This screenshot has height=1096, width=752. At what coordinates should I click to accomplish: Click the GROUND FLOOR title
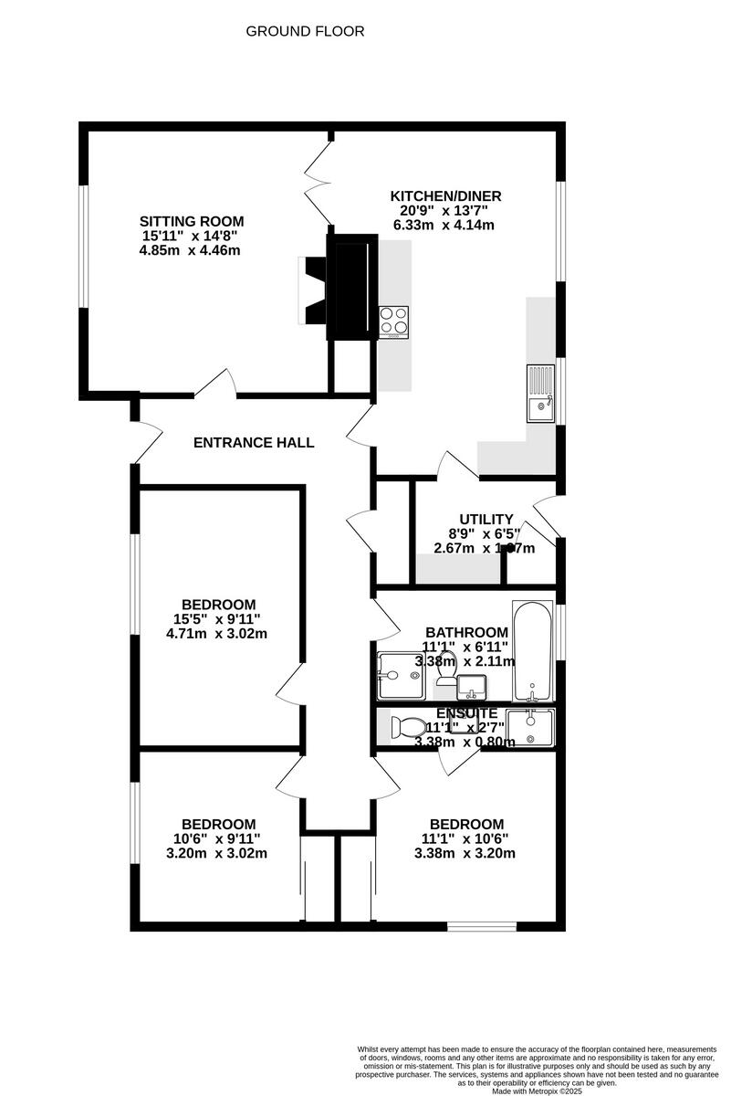[x=305, y=31]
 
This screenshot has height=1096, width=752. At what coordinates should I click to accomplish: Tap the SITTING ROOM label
[x=192, y=221]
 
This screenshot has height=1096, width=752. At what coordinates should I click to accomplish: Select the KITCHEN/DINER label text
[x=445, y=195]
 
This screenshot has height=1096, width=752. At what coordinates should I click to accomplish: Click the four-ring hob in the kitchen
[x=394, y=321]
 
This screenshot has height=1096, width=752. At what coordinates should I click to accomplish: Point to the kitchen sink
[x=540, y=393]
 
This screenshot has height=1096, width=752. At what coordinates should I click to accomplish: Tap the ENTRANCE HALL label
[x=254, y=443]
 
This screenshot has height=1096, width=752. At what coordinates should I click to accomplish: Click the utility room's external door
[x=547, y=516]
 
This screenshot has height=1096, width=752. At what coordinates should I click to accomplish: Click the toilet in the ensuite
[x=404, y=728]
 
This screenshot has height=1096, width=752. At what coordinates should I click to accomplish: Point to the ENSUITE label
[x=466, y=712]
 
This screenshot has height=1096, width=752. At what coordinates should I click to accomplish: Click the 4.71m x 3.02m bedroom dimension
[x=218, y=633]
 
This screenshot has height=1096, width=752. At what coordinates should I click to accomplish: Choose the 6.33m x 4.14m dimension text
[x=444, y=225]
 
